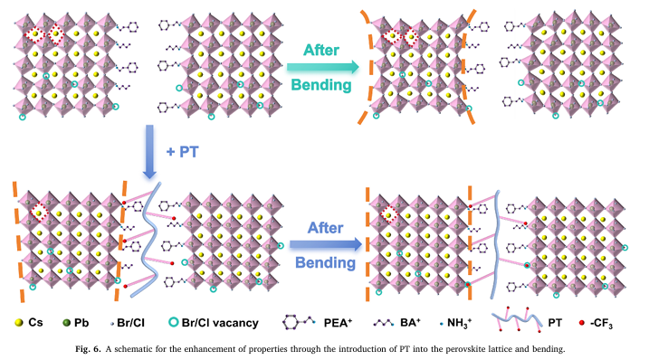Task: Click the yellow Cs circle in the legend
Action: (19, 322)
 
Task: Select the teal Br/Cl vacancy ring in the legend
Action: (177, 322)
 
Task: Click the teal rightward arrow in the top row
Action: (322, 66)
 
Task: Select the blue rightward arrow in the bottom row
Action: (322, 243)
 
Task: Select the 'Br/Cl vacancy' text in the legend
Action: (223, 322)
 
